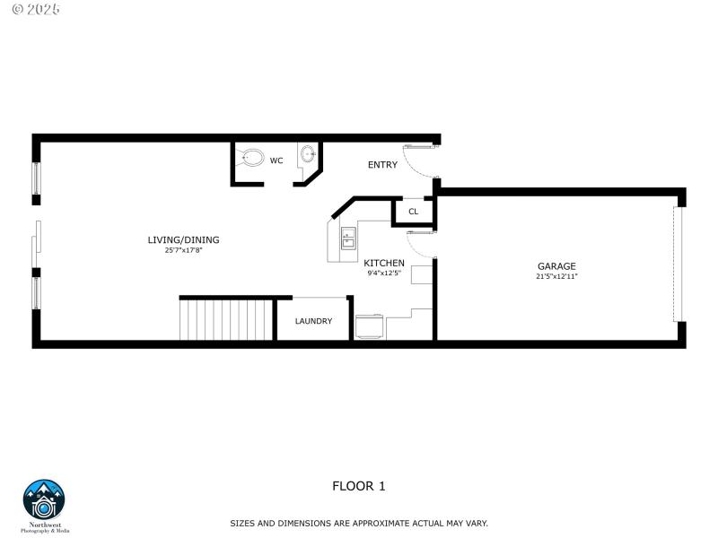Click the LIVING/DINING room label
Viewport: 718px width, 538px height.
pyautogui.click(x=183, y=239)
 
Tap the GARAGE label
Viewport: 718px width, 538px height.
pyautogui.click(x=556, y=265)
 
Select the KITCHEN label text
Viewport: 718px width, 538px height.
pyautogui.click(x=384, y=263)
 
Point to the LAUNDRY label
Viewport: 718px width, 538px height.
pyautogui.click(x=313, y=321)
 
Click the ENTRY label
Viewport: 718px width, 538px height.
pyautogui.click(x=382, y=165)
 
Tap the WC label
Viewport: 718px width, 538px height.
pyautogui.click(x=276, y=161)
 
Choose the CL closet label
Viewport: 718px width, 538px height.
pyautogui.click(x=413, y=212)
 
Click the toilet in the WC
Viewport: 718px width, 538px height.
pyautogui.click(x=251, y=158)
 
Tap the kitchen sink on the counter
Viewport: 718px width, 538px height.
pyautogui.click(x=348, y=238)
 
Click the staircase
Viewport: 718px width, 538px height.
pyautogui.click(x=227, y=320)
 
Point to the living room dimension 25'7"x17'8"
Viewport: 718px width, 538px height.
pyautogui.click(x=183, y=250)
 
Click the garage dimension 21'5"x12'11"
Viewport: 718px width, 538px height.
pyautogui.click(x=556, y=276)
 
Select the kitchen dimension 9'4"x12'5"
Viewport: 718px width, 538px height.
pyautogui.click(x=384, y=273)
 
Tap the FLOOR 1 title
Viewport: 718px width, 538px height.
pyautogui.click(x=359, y=486)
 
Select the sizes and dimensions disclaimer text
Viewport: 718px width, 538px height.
pyautogui.click(x=359, y=523)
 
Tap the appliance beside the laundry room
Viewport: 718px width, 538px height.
pyautogui.click(x=370, y=326)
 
